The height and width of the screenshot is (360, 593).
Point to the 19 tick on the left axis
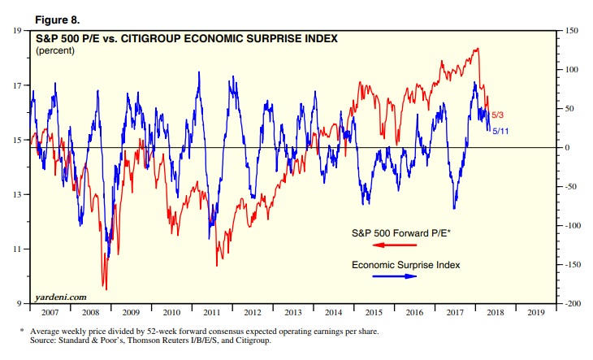point(17,31)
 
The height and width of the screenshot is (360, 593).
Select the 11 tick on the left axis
point(17,249)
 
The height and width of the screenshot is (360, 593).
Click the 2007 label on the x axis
point(50,311)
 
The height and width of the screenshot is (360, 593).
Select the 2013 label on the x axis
point(295,311)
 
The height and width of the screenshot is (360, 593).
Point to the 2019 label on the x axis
point(535,311)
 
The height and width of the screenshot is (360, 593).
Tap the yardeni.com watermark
point(61,297)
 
